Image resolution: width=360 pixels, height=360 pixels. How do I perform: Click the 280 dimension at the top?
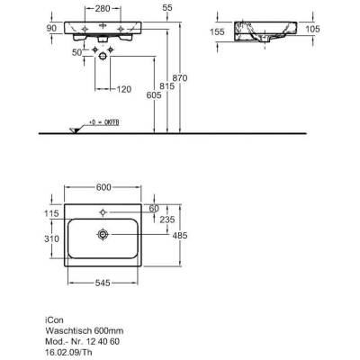pyautogui.click(x=103, y=9)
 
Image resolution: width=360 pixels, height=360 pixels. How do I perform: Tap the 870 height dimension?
pyautogui.click(x=180, y=78)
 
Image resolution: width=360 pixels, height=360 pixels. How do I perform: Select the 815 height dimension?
pyautogui.click(x=166, y=86)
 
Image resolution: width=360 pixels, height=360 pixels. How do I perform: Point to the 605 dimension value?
pyautogui.click(x=154, y=95)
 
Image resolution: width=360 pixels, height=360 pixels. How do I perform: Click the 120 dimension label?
pyautogui.click(x=124, y=89)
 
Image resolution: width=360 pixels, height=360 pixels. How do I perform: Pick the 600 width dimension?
pyautogui.click(x=103, y=187)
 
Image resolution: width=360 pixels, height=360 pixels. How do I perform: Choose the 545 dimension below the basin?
pyautogui.click(x=103, y=283)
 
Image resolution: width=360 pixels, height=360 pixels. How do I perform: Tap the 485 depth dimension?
pyautogui.click(x=180, y=236)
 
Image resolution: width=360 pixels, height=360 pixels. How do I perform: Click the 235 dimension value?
pyautogui.click(x=167, y=220)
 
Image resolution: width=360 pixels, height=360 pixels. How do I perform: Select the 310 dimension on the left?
pyautogui.click(x=51, y=239)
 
